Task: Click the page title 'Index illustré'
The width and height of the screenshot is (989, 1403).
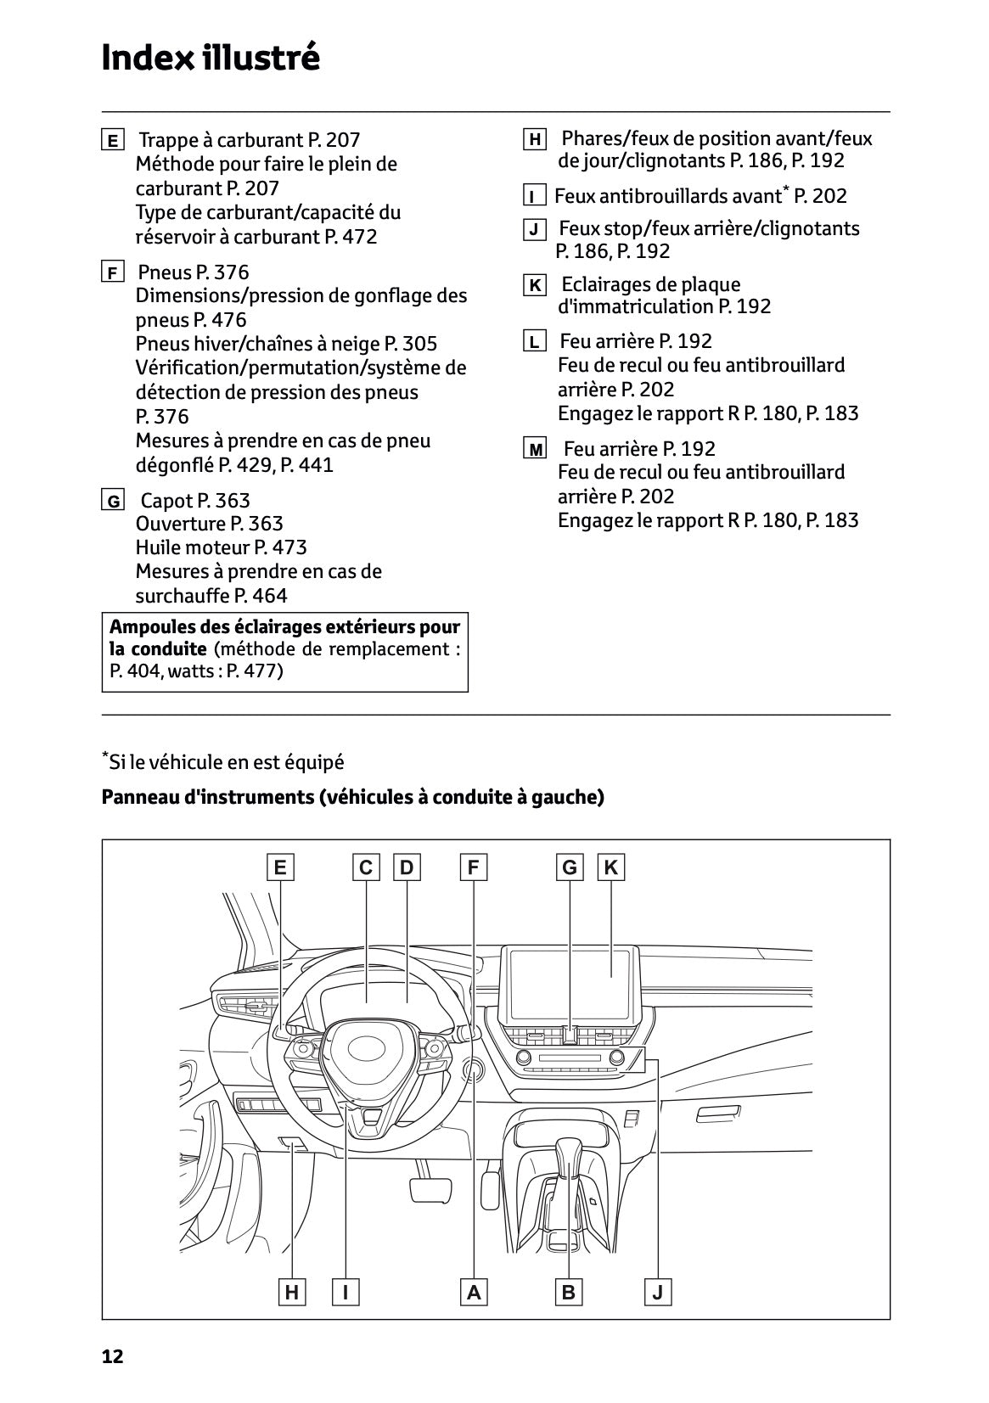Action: [210, 59]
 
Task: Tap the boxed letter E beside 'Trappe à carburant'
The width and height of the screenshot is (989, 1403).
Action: [112, 141]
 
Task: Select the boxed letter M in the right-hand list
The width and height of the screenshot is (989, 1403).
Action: [536, 450]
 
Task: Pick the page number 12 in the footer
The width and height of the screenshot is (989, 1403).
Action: [112, 1356]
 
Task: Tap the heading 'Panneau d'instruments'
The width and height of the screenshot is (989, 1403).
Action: [352, 797]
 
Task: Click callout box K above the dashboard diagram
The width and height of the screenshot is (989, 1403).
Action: [610, 867]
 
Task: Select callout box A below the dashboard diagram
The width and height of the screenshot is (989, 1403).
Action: [474, 1293]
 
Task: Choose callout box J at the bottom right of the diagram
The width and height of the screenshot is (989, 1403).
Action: [658, 1293]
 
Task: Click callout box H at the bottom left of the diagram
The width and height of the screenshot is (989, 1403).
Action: [292, 1293]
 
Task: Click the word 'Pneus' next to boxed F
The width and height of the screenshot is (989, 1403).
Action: [165, 272]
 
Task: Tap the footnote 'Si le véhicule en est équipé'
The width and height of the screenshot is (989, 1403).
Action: [225, 762]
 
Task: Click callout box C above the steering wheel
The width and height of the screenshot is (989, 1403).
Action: [366, 867]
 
